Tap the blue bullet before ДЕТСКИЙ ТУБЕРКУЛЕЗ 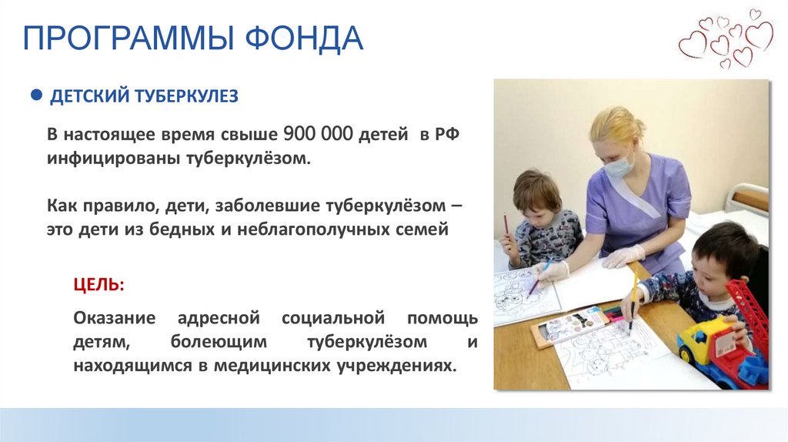click(x=35, y=95)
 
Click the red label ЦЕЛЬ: click(x=98, y=285)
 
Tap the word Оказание click(x=115, y=318)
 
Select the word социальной click(x=332, y=318)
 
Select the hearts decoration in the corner click(x=726, y=39)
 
